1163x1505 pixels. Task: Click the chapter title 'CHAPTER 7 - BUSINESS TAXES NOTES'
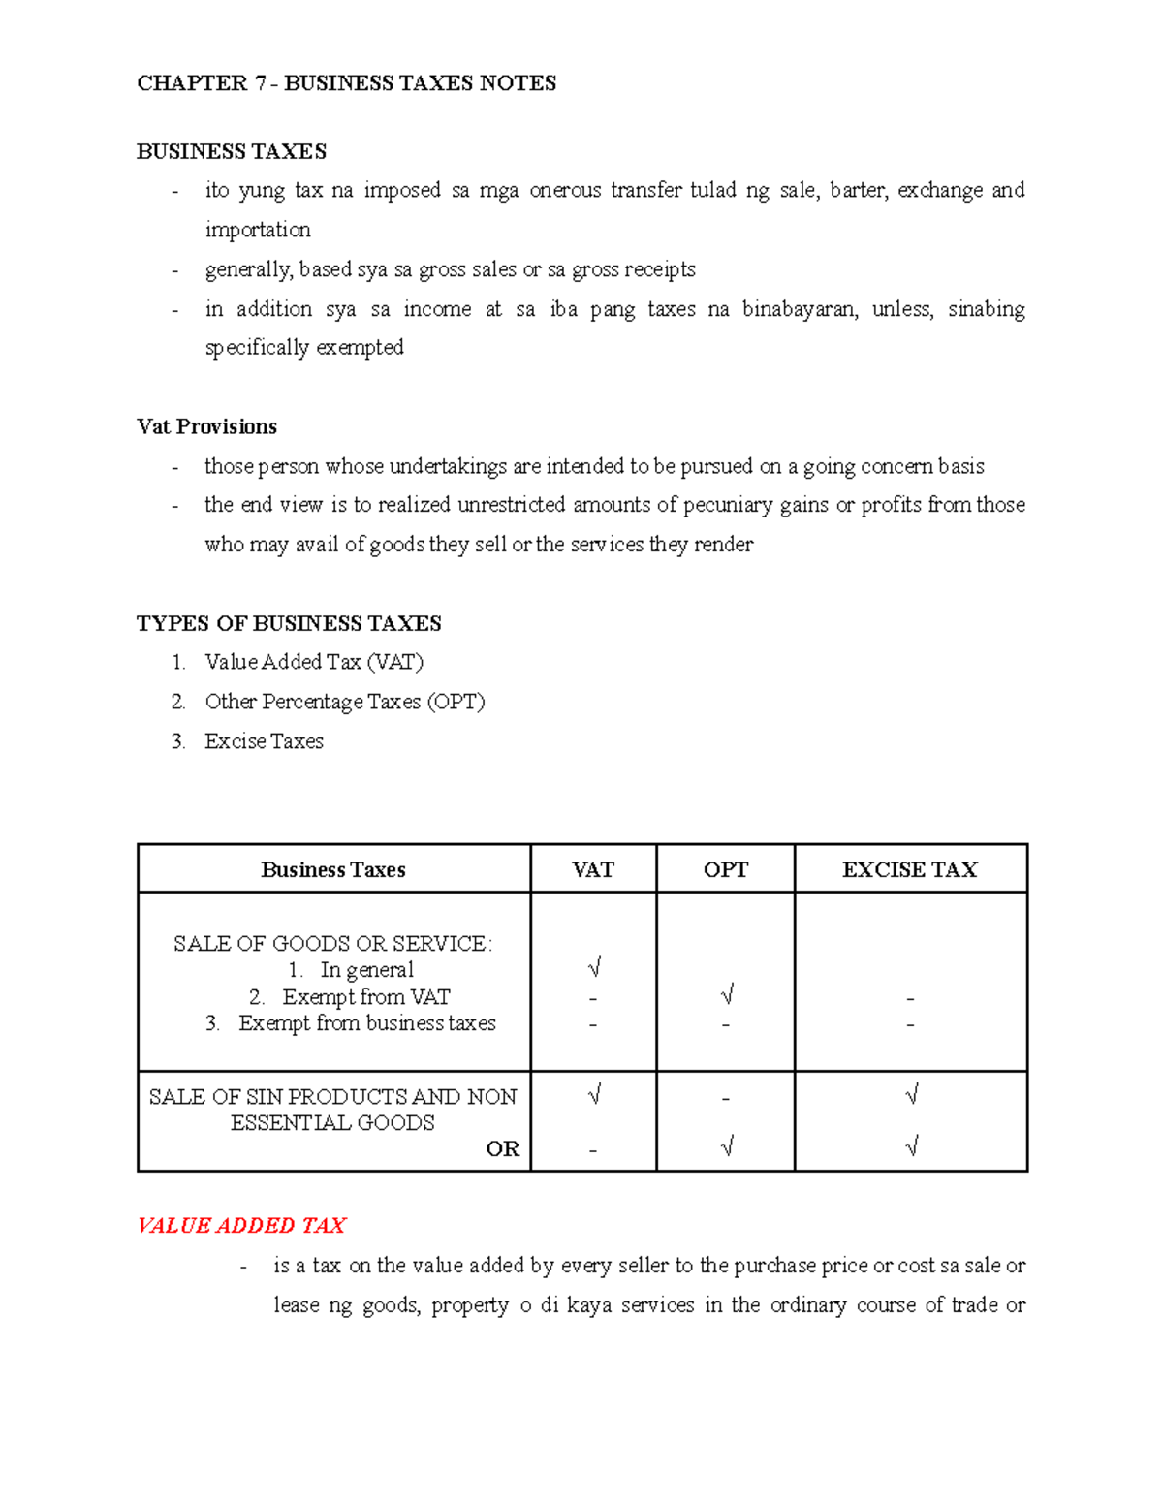click(x=346, y=83)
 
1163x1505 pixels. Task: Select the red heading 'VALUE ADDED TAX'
click(x=241, y=1226)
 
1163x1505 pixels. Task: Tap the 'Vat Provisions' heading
click(x=206, y=427)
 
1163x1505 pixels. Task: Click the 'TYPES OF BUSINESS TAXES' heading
click(x=289, y=623)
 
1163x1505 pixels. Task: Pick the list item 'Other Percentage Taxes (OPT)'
click(x=344, y=702)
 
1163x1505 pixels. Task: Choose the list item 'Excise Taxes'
click(x=264, y=741)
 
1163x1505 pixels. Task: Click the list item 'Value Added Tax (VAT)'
click(x=314, y=662)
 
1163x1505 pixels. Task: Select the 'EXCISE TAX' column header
click(x=909, y=870)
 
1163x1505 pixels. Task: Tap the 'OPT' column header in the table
click(x=725, y=870)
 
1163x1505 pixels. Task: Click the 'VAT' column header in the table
click(x=592, y=870)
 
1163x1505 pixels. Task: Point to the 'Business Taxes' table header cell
click(x=332, y=870)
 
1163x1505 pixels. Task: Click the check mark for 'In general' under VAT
click(x=594, y=968)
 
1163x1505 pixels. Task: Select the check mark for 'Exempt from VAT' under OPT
click(x=727, y=995)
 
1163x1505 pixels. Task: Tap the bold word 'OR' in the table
click(x=502, y=1149)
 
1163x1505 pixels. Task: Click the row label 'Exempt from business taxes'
click(x=366, y=1023)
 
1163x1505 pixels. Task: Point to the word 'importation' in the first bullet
click(x=258, y=230)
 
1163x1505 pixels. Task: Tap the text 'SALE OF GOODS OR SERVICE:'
click(x=332, y=944)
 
